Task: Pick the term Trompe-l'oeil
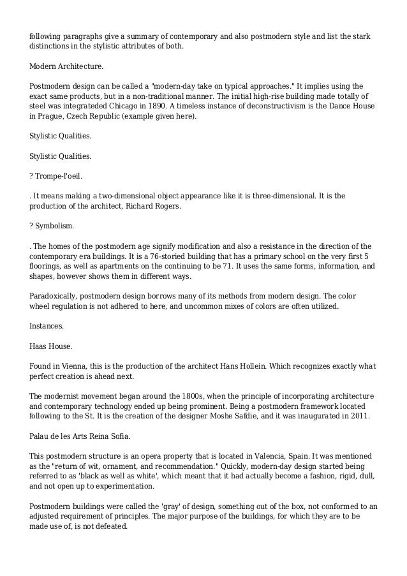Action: point(59,175)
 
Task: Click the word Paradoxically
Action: point(55,297)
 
